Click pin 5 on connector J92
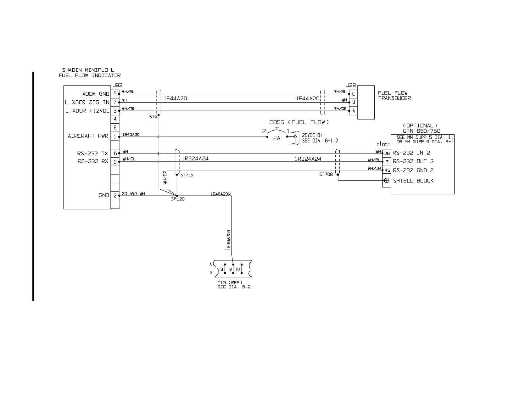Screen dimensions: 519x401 coord(115,94)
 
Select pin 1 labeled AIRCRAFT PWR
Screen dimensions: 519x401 coord(115,136)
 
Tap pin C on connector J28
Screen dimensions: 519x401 coord(353,94)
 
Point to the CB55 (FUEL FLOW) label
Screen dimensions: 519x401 coord(299,122)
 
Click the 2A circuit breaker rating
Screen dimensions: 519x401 coord(276,138)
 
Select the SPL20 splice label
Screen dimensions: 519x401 coord(178,199)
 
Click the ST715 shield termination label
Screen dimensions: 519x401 coord(187,175)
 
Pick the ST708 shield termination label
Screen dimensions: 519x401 coord(326,175)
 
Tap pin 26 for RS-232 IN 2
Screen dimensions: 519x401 coord(387,153)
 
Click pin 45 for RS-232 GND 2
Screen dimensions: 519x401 coord(387,170)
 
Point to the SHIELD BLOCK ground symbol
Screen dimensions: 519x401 coord(387,180)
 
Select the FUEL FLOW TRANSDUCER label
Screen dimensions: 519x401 coord(394,96)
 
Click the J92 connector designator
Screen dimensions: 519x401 coord(118,85)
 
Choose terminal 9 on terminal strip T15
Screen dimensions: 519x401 coord(230,269)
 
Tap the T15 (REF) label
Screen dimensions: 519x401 coord(230,283)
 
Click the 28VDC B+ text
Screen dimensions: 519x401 coord(312,135)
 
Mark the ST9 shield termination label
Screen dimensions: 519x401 coord(153,117)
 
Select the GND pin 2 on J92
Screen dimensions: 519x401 coord(115,196)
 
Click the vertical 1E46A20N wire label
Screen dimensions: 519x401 coord(228,240)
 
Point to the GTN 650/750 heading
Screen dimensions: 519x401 coord(421,131)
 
